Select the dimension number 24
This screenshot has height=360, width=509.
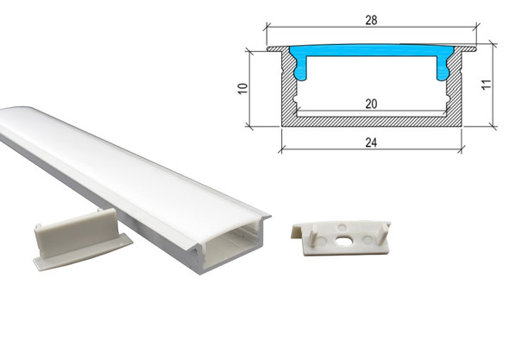371,142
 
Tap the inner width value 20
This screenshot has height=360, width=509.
371,104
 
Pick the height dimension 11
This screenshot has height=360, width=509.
486,85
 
